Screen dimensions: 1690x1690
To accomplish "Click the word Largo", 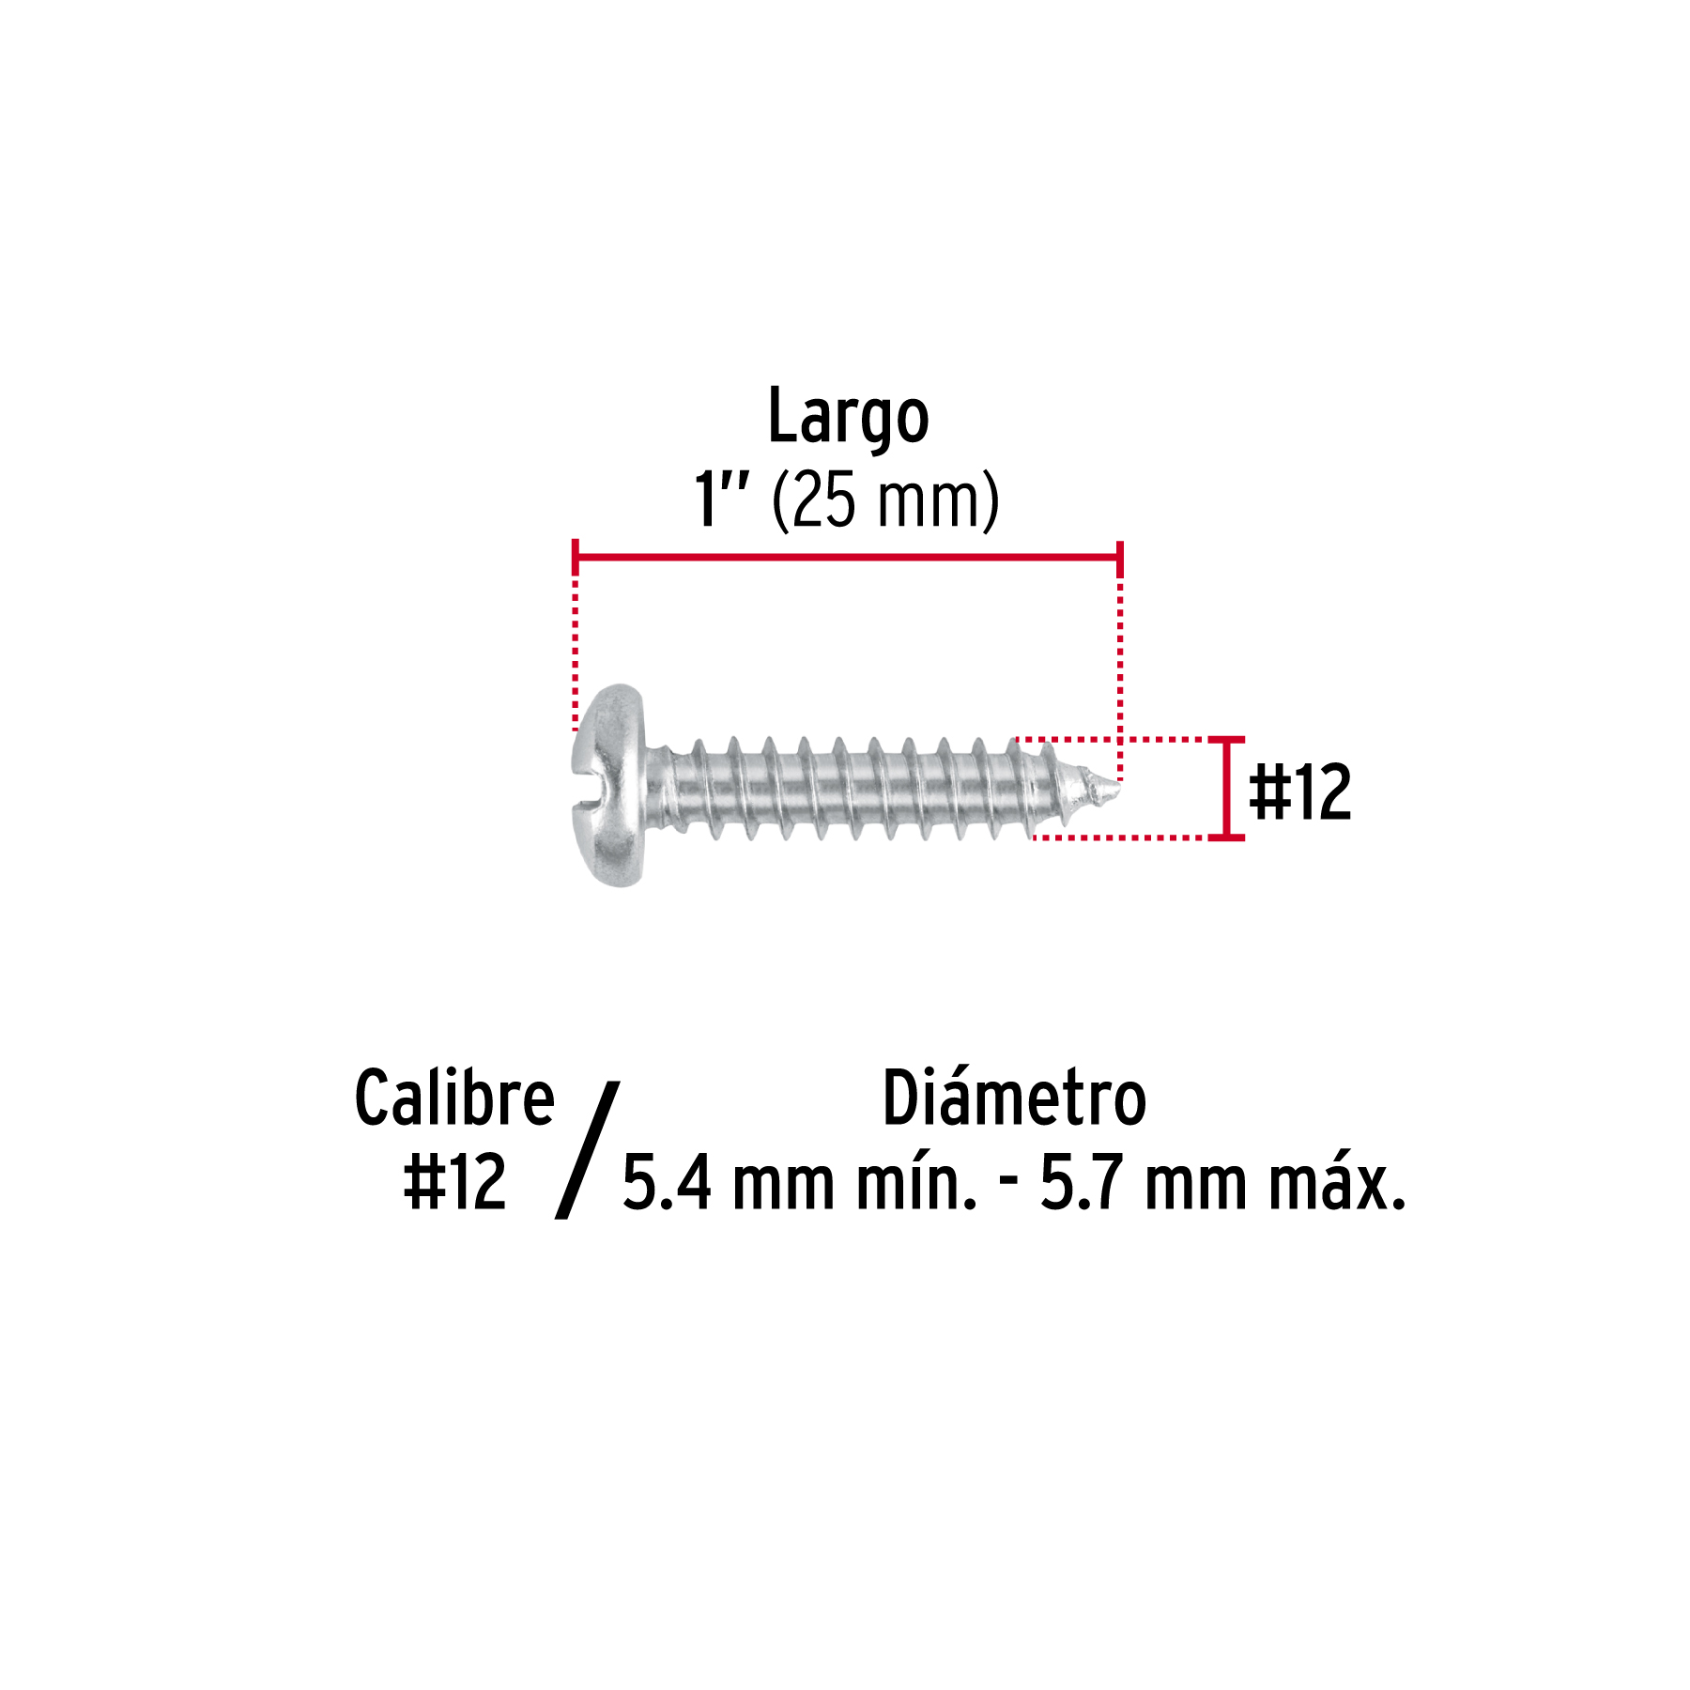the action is click(x=848, y=416).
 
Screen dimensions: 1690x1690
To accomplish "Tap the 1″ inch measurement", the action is click(x=721, y=499).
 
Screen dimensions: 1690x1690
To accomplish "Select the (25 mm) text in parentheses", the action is click(x=885, y=501).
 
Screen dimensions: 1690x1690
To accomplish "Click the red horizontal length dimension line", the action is click(x=847, y=558).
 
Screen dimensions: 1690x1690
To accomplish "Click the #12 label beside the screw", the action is click(x=1300, y=792).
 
